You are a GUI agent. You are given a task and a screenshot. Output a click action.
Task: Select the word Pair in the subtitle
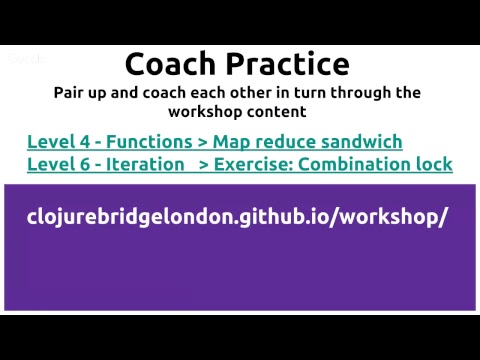[70, 93]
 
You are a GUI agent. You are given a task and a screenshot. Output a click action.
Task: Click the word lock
[435, 164]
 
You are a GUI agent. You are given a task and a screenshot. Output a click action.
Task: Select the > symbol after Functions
[202, 142]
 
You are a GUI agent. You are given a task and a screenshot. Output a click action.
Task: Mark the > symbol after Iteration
[204, 165]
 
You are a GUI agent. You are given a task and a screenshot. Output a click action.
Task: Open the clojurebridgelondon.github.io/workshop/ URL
[237, 218]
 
